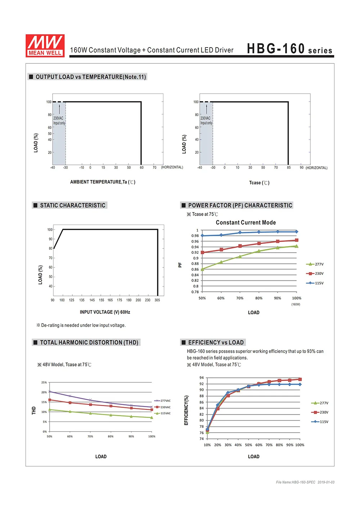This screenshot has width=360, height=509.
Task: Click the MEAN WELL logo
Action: pyautogui.click(x=45, y=46)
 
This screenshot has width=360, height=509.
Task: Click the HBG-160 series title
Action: pyautogui.click(x=289, y=49)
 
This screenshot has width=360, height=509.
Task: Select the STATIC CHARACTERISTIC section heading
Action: pyautogui.click(x=72, y=205)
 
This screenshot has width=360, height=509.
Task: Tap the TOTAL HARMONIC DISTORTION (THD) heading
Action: pyautogui.click(x=89, y=342)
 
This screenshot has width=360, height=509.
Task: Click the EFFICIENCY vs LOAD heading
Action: pyautogui.click(x=216, y=342)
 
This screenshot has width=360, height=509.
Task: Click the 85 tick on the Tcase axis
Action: pyautogui.click(x=289, y=168)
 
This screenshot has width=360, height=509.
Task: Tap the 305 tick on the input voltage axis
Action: pyautogui.click(x=157, y=300)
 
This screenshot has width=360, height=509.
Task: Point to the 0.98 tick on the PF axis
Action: pyautogui.click(x=195, y=236)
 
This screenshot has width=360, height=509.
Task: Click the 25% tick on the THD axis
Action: pyautogui.click(x=44, y=382)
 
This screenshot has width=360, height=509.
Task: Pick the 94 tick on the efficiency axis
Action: pyautogui.click(x=202, y=378)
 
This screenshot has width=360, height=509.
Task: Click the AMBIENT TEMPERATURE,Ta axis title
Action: pyautogui.click(x=103, y=182)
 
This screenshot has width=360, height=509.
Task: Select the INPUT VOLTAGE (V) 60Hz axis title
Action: pyautogui.click(x=105, y=312)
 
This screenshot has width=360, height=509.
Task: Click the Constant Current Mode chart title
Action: pyautogui.click(x=246, y=222)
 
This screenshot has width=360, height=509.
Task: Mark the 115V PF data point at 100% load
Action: pyautogui.click(x=296, y=232)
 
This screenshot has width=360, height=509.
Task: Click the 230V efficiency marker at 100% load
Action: pyautogui.click(x=300, y=379)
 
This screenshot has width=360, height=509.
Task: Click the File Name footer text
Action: pyautogui.click(x=305, y=482)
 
